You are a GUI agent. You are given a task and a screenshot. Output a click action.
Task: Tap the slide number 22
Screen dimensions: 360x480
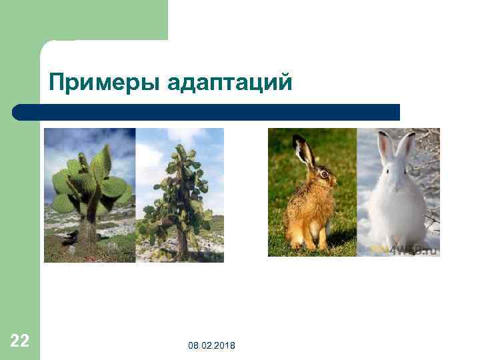point(20,341)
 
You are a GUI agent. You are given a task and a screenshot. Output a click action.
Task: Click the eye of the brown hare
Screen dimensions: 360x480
point(325,173)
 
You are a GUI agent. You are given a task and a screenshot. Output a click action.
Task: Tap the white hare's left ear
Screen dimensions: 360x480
point(385,147)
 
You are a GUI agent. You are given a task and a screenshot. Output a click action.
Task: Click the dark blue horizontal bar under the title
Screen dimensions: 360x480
point(207,112)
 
